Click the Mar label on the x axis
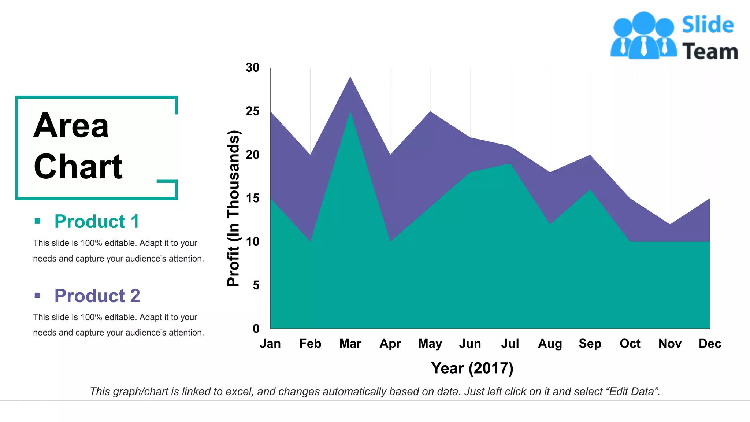[x=350, y=344]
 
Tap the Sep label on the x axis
[x=590, y=344]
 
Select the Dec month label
[x=709, y=344]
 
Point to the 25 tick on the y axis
[x=253, y=111]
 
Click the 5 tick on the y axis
[x=256, y=285]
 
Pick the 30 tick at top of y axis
[x=253, y=68]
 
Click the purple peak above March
[x=350, y=78]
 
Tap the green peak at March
[x=350, y=113]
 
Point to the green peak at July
[x=510, y=164]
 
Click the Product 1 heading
[x=97, y=222]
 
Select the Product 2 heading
[x=97, y=296]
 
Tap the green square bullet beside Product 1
[x=37, y=221]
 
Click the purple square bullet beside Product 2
[x=37, y=295]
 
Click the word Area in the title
[x=71, y=126]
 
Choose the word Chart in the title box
[x=78, y=167]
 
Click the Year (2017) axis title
[x=472, y=368]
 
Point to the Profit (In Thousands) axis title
[x=233, y=208]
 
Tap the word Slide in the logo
[x=708, y=25]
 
